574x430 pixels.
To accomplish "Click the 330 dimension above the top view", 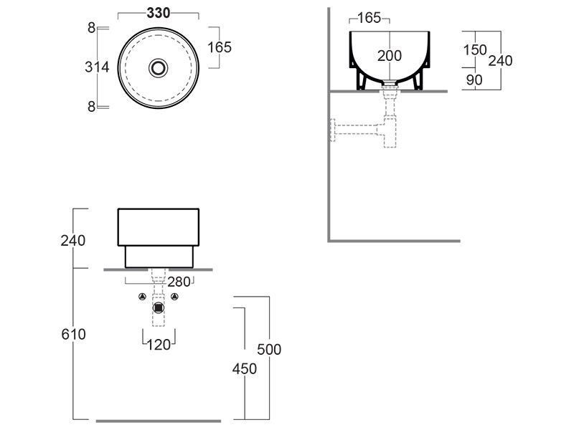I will click(158, 13).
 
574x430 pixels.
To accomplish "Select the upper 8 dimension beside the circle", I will click(91, 28).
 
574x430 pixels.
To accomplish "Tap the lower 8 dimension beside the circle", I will click(91, 106).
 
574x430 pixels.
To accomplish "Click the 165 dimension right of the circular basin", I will click(219, 47).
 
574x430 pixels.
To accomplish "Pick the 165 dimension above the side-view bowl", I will click(369, 18).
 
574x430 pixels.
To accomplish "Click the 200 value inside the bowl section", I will click(390, 56).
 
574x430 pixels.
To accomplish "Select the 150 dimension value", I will click(475, 49).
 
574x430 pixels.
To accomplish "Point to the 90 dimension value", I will click(474, 80).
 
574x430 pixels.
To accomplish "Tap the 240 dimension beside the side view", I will click(500, 61).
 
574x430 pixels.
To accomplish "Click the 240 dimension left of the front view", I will click(73, 240).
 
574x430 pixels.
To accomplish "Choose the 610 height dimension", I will click(73, 335).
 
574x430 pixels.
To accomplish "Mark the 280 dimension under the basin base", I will click(179, 282).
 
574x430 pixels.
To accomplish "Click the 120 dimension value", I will click(159, 345).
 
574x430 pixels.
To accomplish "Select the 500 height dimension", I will click(269, 350).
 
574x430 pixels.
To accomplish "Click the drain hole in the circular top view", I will click(158, 67).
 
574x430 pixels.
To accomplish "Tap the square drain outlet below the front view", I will click(159, 308).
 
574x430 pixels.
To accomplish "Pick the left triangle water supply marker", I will click(143, 297).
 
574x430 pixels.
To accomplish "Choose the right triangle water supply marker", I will click(174, 297).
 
